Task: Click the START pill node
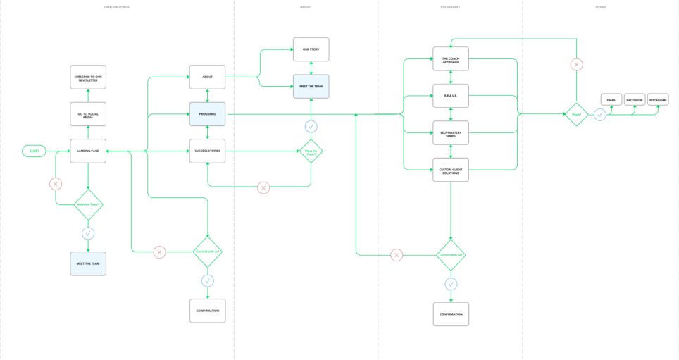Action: point(34,151)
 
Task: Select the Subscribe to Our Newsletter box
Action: point(88,77)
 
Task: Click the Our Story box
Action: point(311,49)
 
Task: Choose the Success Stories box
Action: point(207,151)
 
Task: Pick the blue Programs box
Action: point(207,113)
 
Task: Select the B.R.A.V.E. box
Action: point(450,96)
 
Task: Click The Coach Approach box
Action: point(450,59)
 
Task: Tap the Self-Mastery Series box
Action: point(450,132)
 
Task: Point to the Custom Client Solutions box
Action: point(450,170)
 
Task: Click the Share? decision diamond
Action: point(577,113)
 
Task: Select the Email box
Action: point(611,100)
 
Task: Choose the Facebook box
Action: point(635,100)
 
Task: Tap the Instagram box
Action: point(658,100)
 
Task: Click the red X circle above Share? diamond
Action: point(577,65)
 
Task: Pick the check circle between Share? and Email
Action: point(599,114)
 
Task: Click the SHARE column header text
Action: point(599,6)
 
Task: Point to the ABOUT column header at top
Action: point(306,6)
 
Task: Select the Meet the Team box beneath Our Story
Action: point(311,86)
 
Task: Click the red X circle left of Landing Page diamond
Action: point(56,184)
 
